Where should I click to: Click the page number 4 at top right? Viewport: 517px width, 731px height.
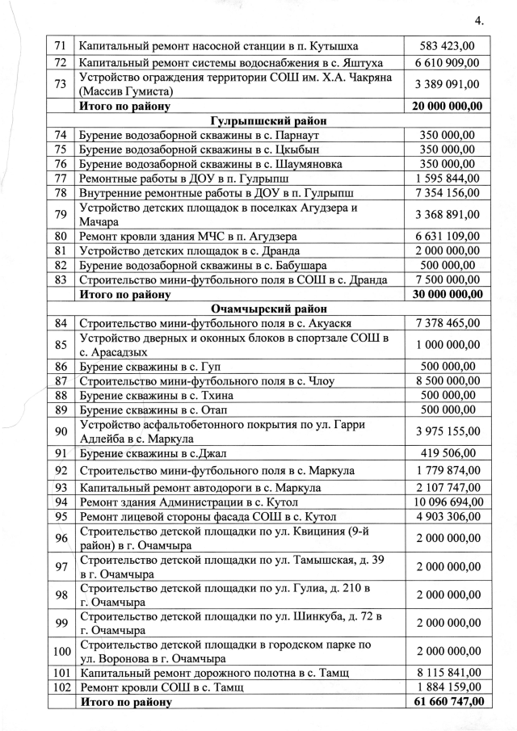(x=478, y=20)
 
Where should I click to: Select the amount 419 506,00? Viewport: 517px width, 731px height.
(x=448, y=453)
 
